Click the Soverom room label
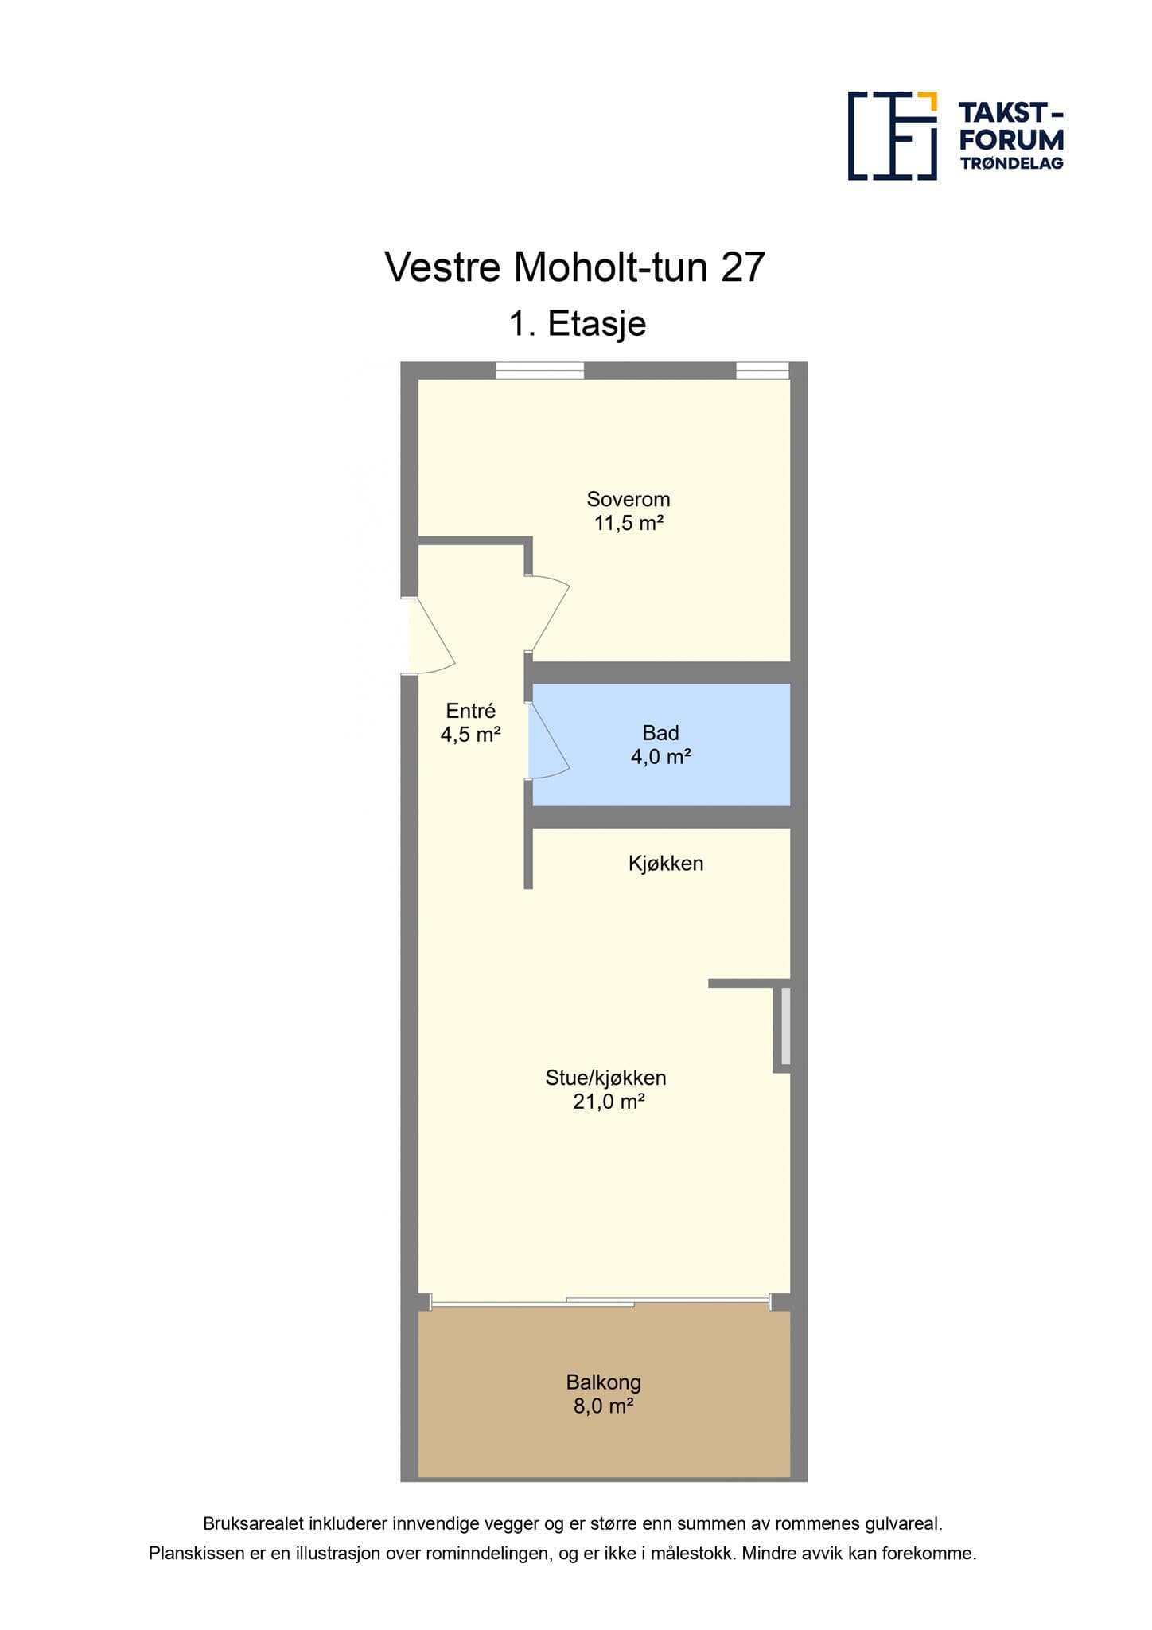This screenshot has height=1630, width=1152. pyautogui.click(x=629, y=499)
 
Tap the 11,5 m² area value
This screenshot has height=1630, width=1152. pyautogui.click(x=629, y=523)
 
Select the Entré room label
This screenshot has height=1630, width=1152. pyautogui.click(x=470, y=710)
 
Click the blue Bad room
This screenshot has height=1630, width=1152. pyautogui.click(x=661, y=744)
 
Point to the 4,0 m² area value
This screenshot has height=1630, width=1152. pyautogui.click(x=660, y=756)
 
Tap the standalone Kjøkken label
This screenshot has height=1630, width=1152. pyautogui.click(x=666, y=864)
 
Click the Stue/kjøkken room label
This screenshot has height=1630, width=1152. pyautogui.click(x=605, y=1078)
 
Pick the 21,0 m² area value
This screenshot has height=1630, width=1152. pyautogui.click(x=609, y=1102)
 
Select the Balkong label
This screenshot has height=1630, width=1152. pyautogui.click(x=603, y=1382)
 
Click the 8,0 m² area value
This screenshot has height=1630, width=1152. pyautogui.click(x=603, y=1406)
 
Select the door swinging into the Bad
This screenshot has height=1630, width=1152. pyautogui.click(x=549, y=740)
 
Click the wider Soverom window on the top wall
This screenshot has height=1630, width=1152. pyautogui.click(x=539, y=371)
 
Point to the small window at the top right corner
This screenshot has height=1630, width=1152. pyautogui.click(x=762, y=371)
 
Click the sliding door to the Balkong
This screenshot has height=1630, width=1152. pyautogui.click(x=601, y=1302)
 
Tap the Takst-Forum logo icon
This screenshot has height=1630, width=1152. pyautogui.click(x=893, y=135)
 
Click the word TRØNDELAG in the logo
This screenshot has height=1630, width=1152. pyautogui.click(x=1012, y=163)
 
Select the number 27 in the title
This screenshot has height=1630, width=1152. pyautogui.click(x=743, y=267)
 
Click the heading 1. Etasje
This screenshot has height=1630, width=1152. pyautogui.click(x=578, y=324)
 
